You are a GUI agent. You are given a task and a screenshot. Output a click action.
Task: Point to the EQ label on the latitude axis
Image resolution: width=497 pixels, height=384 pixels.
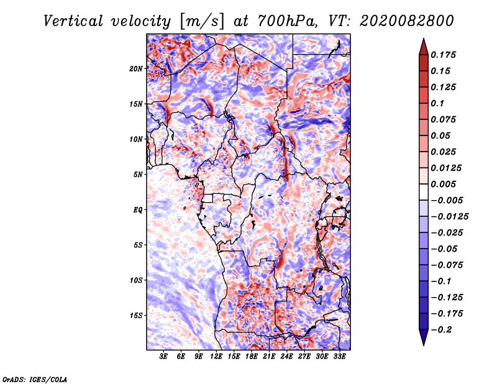(138, 210)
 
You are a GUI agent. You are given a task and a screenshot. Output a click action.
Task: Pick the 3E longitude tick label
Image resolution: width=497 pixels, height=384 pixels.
(163, 358)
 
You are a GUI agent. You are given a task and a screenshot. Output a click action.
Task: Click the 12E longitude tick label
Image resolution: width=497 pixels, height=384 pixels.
(216, 358)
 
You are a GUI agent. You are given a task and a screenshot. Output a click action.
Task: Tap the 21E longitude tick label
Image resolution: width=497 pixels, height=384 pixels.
(269, 358)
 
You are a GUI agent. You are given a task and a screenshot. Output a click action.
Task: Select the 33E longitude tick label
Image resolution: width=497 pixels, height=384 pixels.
(340, 358)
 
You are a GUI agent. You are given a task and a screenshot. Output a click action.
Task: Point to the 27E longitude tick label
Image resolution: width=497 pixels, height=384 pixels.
(304, 358)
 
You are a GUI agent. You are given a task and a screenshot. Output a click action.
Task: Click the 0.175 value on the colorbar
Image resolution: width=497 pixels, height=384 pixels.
(444, 55)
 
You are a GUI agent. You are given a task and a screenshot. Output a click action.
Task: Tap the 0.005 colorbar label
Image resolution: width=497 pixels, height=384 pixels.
(444, 184)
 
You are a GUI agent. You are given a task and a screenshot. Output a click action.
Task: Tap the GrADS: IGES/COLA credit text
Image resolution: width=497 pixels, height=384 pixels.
(34, 378)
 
